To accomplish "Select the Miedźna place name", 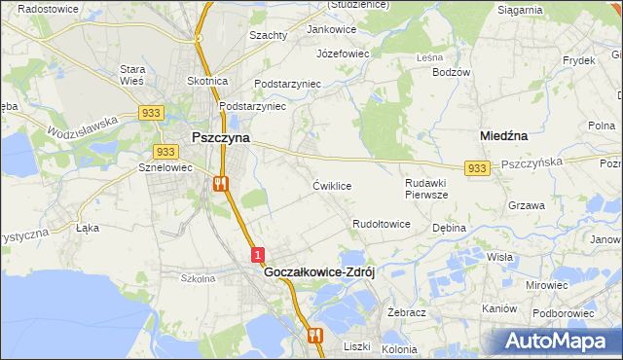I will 505,137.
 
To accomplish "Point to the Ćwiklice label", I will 332,185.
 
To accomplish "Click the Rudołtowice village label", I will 381,224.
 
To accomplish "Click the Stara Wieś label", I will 132,75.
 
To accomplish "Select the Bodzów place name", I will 451,72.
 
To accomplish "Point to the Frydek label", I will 578,60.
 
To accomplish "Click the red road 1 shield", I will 257,255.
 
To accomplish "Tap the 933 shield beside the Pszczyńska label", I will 476,168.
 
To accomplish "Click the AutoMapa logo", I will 555,342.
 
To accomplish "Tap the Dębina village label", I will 450,228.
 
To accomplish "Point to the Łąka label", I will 88,229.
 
